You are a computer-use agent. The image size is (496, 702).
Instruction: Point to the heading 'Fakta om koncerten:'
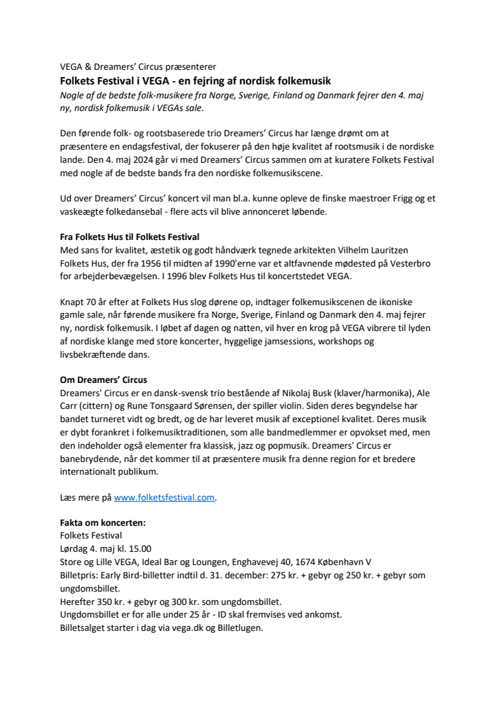click(x=102, y=523)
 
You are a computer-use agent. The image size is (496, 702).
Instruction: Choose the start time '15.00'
click(x=138, y=549)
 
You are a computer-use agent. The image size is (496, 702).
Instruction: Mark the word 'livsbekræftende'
click(x=90, y=355)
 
